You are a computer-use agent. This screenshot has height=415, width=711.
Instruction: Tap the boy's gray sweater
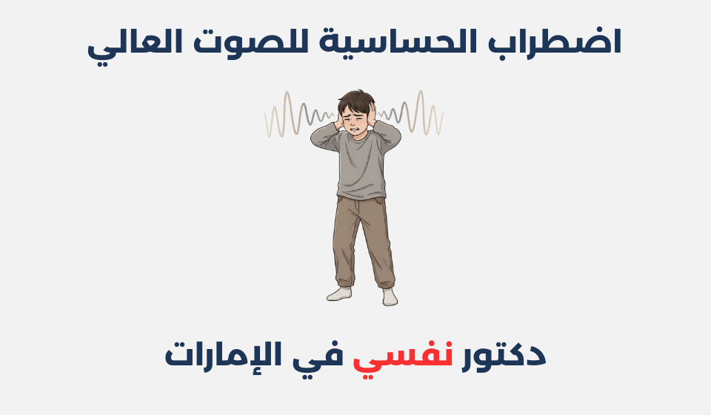[x=358, y=167]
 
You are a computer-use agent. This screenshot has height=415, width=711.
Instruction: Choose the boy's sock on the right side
[x=389, y=296]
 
